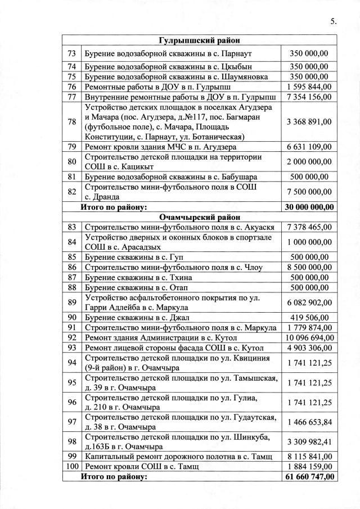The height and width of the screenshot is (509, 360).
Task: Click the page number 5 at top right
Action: point(333,22)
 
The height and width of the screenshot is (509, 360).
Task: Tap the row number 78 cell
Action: point(71,121)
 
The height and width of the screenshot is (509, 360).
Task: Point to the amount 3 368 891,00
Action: point(309,121)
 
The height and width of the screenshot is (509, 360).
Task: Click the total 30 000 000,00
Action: point(309,207)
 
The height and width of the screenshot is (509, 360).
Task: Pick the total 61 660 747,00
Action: point(309,477)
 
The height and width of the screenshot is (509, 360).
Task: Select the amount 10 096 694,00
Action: point(309,337)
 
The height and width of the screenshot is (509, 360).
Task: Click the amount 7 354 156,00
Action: point(309,97)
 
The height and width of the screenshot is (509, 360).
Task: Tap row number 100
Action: point(71,466)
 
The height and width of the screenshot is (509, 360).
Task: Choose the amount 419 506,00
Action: point(309,317)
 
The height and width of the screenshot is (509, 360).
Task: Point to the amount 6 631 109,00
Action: point(309,147)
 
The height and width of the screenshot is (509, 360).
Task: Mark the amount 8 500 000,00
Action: point(309,267)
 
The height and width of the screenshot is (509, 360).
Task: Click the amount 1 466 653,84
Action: point(309,421)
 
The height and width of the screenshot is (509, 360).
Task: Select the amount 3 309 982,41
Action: point(309,441)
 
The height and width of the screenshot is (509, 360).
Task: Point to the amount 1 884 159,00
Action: point(309,466)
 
